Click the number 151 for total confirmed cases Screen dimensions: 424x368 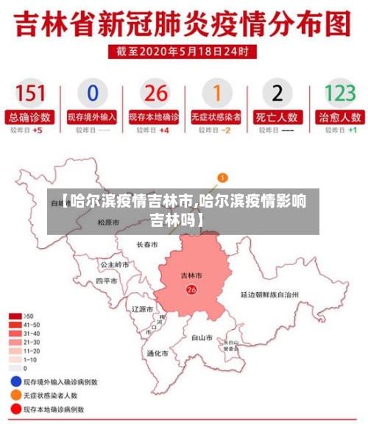30,93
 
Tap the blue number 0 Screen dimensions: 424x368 92,93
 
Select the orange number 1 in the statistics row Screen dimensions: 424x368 216,93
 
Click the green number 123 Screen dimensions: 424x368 340,93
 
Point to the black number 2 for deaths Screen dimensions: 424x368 277,93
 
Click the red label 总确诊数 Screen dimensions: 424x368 30,116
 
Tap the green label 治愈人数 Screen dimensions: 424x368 340,116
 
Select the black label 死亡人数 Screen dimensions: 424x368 277,116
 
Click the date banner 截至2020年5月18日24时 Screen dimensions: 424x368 184,52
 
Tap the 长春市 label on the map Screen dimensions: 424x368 147,244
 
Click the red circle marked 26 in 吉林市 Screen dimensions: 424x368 191,290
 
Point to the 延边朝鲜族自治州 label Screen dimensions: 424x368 269,294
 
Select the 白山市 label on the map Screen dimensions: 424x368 202,338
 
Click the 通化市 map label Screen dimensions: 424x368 158,353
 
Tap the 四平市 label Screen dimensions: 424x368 107,281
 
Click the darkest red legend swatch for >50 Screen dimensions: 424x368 15,316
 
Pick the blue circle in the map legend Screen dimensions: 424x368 15,382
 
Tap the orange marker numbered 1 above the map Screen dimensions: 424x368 223,177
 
